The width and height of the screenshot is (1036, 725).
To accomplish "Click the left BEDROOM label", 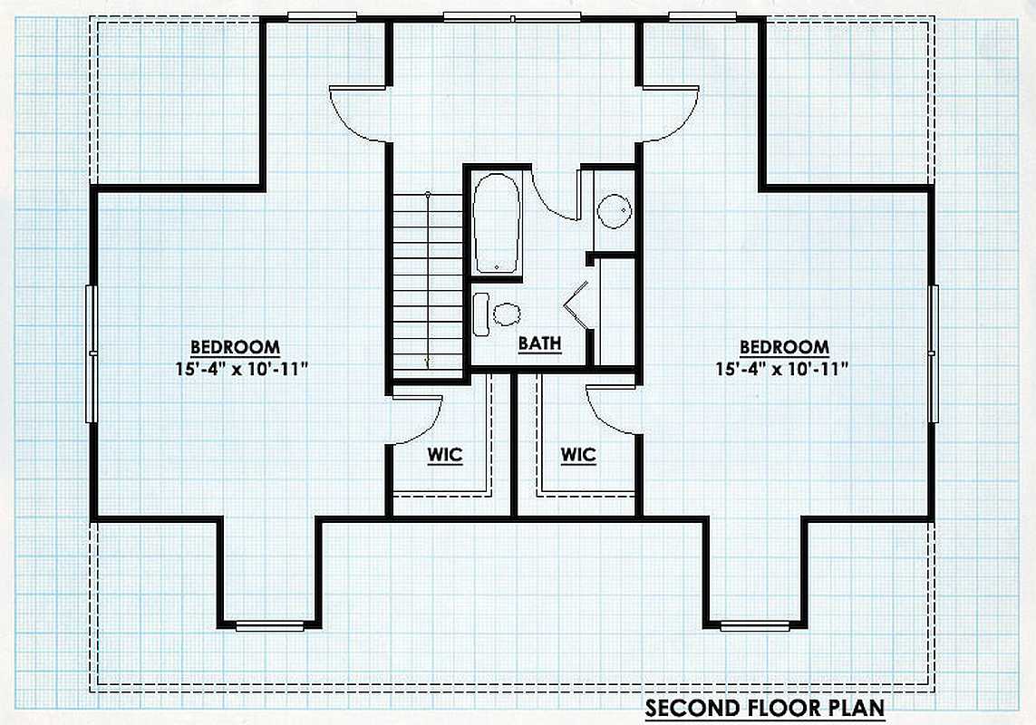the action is tap(236, 347).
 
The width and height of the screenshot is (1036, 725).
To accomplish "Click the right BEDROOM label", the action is tap(784, 347).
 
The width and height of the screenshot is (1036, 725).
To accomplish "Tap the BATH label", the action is tap(540, 343).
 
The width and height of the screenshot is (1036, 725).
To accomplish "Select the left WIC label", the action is tap(445, 455).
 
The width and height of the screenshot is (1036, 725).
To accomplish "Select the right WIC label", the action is tap(578, 455).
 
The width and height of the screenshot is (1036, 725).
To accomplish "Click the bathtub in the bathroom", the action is tap(497, 223).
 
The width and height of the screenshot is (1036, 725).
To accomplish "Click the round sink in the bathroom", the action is tap(615, 211).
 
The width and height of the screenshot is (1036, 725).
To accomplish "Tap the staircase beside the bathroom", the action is tap(428, 285).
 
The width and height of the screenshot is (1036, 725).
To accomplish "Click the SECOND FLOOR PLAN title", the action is tap(764, 708).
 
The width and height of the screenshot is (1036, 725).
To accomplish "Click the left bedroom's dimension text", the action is tap(243, 369).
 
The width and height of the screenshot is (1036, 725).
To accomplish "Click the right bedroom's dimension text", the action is tap(782, 369).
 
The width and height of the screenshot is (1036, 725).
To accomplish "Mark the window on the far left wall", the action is tap(92, 353).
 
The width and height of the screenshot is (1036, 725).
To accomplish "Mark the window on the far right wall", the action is tap(933, 353).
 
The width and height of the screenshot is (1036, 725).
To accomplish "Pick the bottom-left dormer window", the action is tap(269, 625).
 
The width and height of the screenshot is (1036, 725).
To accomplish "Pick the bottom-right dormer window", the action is tap(754, 625).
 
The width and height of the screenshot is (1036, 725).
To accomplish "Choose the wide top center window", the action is tap(512, 16).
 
